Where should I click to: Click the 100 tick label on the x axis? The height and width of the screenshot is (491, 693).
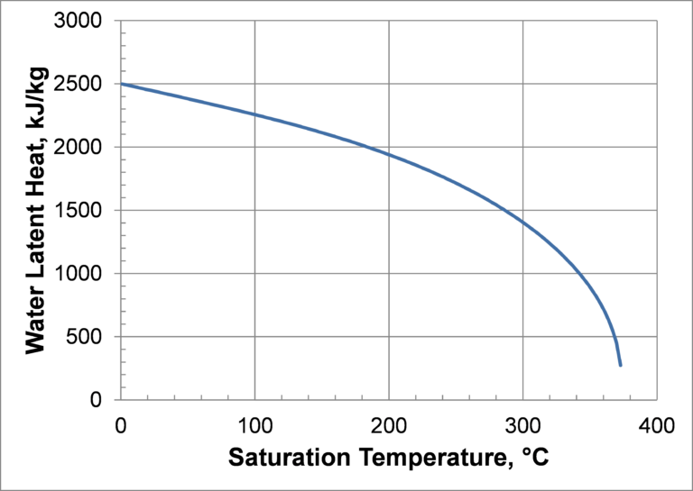tap(254, 424)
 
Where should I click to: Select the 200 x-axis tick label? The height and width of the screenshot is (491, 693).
tap(389, 424)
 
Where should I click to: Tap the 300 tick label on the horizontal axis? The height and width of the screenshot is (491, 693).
tap(523, 424)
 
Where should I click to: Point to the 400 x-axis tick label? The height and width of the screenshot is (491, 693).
tap(657, 424)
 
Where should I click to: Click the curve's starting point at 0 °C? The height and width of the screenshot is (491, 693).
tap(121, 84)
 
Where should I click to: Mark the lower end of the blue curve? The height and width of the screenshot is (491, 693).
tap(621, 365)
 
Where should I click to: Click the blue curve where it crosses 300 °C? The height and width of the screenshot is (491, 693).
tap(523, 222)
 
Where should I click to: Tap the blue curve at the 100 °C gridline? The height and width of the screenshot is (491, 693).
tap(254, 115)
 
